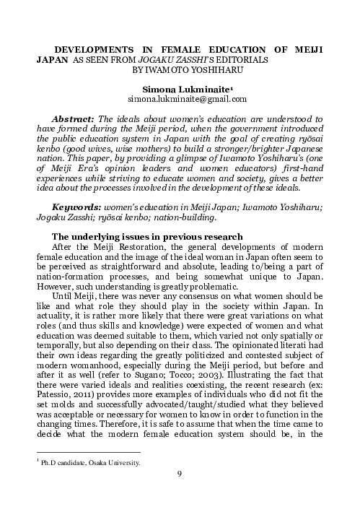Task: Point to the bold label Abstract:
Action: (76, 116)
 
